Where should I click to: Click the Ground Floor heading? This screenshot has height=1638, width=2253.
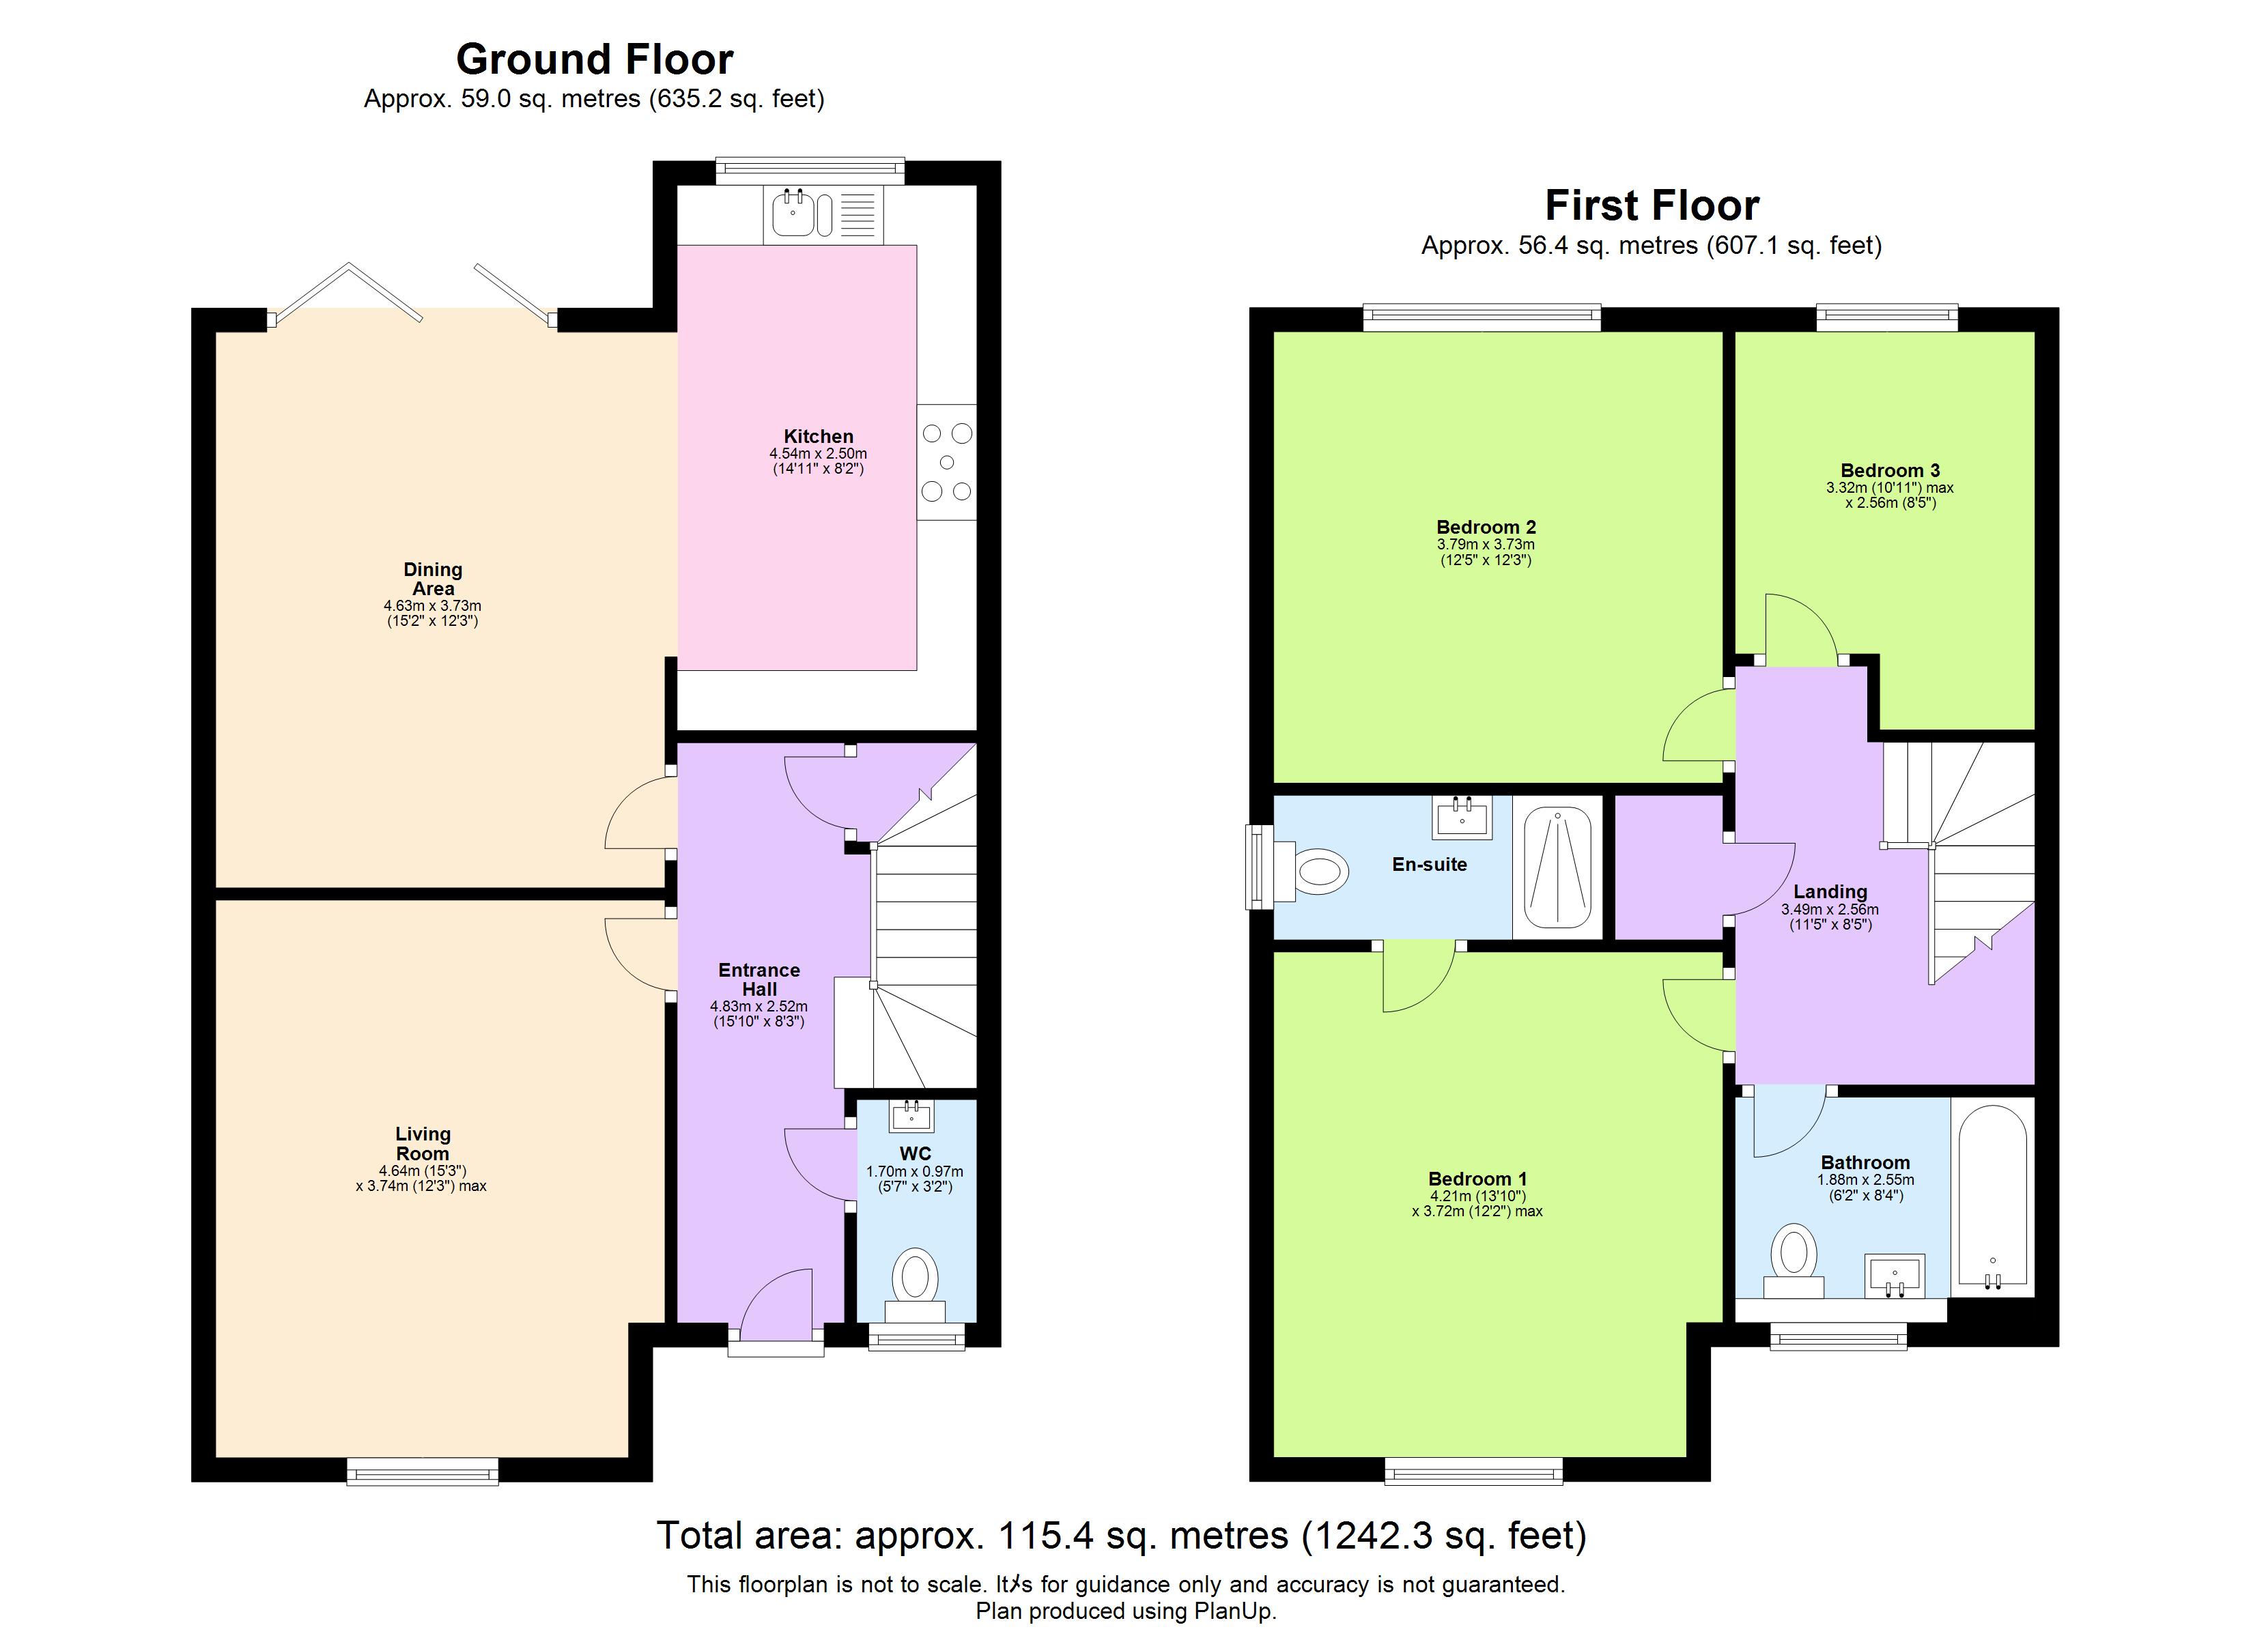click(x=594, y=59)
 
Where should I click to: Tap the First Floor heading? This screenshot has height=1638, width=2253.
click(x=1652, y=205)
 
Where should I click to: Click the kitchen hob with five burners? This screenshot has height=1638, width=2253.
click(x=947, y=462)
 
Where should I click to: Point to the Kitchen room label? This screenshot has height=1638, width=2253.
click(x=819, y=436)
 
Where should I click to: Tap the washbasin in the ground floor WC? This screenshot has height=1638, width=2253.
click(x=912, y=1117)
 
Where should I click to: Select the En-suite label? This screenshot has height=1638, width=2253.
click(x=1430, y=864)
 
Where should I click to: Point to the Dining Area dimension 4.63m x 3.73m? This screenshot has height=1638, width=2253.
click(x=433, y=606)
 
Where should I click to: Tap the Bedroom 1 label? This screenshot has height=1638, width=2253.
click(x=1478, y=1179)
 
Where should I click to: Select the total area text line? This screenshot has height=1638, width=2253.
click(x=1122, y=1536)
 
